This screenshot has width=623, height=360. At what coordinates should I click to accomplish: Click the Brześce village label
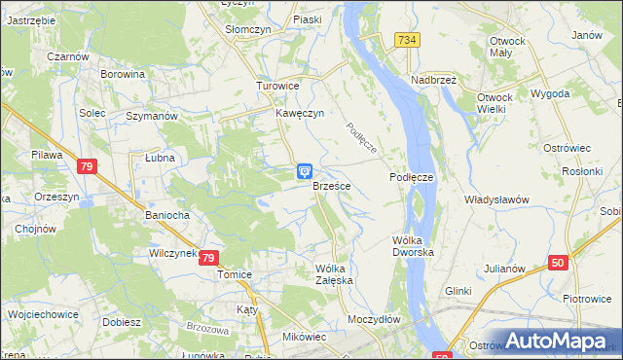click(x=332, y=185)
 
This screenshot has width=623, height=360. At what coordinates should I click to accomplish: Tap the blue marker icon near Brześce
click(x=305, y=171)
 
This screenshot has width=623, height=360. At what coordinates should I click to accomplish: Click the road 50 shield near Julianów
click(x=558, y=263)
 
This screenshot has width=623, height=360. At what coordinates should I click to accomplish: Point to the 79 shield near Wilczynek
click(x=208, y=258)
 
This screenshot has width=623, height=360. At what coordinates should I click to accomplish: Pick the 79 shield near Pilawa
click(x=86, y=167)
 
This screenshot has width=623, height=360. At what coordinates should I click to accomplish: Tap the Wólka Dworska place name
click(x=413, y=245)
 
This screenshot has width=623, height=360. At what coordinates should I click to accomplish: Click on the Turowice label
click(x=276, y=86)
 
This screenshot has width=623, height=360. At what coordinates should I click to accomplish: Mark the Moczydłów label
click(x=374, y=319)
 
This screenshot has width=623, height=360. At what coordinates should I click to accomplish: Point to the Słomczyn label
click(x=247, y=29)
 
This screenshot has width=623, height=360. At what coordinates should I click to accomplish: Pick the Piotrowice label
click(x=586, y=298)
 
